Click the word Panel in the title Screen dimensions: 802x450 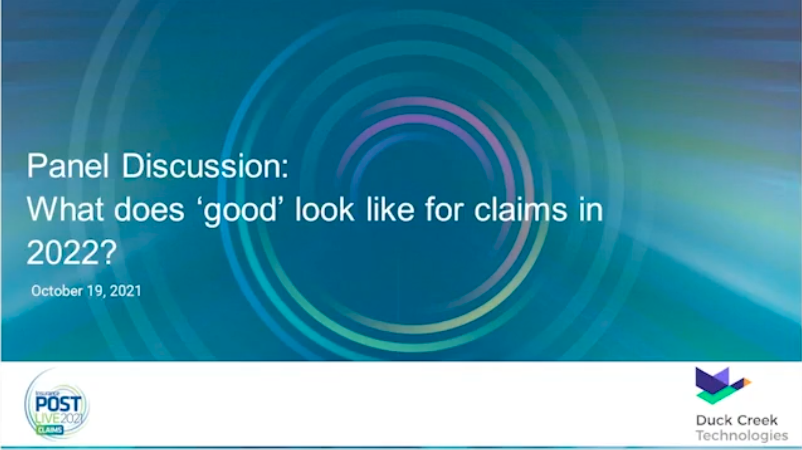(x=68, y=166)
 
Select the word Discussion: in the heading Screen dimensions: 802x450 (x=205, y=166)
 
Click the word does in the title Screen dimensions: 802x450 (x=149, y=209)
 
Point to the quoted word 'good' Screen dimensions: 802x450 (x=241, y=211)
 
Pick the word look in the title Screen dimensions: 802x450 (x=324, y=209)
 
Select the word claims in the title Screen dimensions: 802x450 (x=521, y=209)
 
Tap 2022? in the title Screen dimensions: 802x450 (x=71, y=253)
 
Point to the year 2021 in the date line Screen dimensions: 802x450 (x=125, y=291)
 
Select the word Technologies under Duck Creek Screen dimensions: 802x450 (x=742, y=436)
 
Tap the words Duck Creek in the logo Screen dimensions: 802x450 (x=737, y=420)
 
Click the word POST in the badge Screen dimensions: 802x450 (x=58, y=404)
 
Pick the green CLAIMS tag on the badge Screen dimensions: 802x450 (x=50, y=430)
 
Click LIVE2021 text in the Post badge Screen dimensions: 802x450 (x=60, y=418)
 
